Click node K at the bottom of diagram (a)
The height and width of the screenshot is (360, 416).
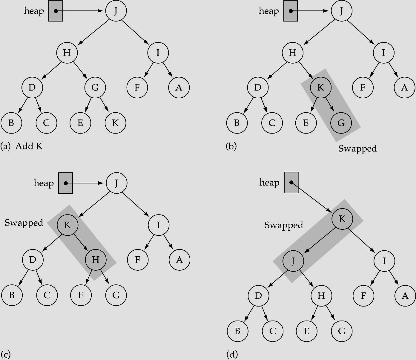(116, 123)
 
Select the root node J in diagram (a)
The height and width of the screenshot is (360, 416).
(116, 11)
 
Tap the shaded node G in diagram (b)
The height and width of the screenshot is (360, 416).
(341, 123)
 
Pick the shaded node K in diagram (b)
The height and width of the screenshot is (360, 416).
(320, 88)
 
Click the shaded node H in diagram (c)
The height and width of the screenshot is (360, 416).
(96, 260)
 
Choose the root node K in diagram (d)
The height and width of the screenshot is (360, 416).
(342, 219)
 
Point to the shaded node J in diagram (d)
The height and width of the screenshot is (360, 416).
(293, 261)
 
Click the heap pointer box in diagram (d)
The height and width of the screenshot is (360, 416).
(291, 183)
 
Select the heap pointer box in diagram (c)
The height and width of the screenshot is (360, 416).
(65, 183)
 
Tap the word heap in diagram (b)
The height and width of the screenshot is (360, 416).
(269, 11)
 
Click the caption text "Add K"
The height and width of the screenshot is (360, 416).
(29, 146)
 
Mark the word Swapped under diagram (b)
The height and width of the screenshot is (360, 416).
(357, 148)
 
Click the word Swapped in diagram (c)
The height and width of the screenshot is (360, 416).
(24, 223)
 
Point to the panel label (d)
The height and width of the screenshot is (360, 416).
(232, 355)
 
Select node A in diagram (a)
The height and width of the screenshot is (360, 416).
(179, 88)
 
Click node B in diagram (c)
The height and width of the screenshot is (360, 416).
(12, 295)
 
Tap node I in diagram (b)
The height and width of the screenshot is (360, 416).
(383, 53)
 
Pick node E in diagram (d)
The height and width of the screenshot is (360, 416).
(306, 331)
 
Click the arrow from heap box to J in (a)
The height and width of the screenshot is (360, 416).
(81, 11)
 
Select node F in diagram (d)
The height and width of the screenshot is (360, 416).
(363, 296)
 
